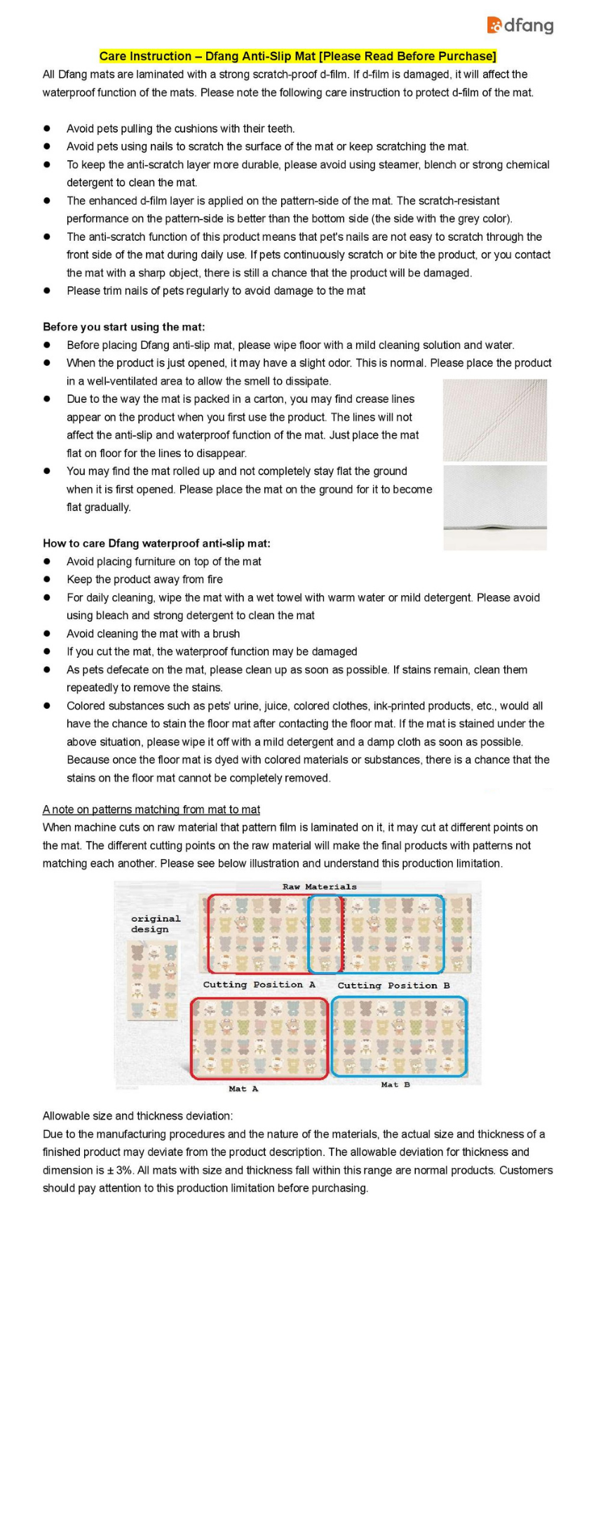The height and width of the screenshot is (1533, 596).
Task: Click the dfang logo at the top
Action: tap(520, 26)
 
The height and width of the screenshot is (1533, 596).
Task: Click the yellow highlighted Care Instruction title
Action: tap(297, 56)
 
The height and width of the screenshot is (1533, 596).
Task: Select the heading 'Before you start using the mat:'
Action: tap(123, 327)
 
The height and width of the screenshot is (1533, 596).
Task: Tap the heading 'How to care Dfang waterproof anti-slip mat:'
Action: tap(156, 543)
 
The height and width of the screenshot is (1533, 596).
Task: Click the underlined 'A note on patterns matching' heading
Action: tap(151, 809)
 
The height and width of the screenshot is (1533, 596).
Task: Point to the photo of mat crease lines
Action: tap(495, 420)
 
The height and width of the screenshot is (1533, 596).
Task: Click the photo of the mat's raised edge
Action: tap(495, 507)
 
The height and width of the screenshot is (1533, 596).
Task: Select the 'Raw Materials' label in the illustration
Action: tap(319, 887)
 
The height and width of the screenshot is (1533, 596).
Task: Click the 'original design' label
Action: tap(155, 924)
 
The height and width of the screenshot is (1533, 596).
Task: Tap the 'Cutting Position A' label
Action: tap(259, 985)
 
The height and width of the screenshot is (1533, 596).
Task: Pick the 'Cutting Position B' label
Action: tap(393, 985)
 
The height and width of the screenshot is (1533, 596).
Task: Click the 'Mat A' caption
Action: tap(243, 1089)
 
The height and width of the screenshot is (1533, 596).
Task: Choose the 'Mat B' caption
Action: tap(395, 1085)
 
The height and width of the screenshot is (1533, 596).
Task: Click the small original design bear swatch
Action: tap(153, 980)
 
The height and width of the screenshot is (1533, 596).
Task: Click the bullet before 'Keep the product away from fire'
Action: tap(47, 580)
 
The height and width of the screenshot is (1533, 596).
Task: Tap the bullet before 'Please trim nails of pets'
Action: tap(47, 291)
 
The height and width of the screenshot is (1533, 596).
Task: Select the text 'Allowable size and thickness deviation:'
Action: tap(137, 1116)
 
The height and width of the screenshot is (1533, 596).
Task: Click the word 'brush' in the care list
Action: tap(226, 634)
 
